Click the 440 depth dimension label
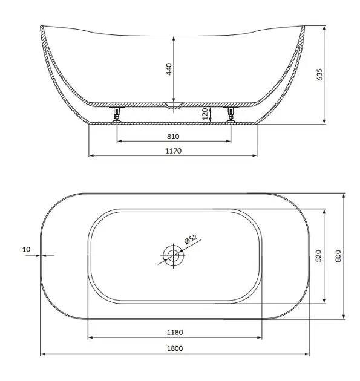coord(169,69)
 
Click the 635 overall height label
coord(319,74)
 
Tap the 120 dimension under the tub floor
coord(205,114)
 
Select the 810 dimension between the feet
coord(173,137)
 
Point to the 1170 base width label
coord(173,151)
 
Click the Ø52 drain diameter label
coord(191,239)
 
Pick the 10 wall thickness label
coord(27,249)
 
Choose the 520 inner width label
coord(318,256)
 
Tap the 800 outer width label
coord(338,256)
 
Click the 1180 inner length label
coord(175,332)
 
